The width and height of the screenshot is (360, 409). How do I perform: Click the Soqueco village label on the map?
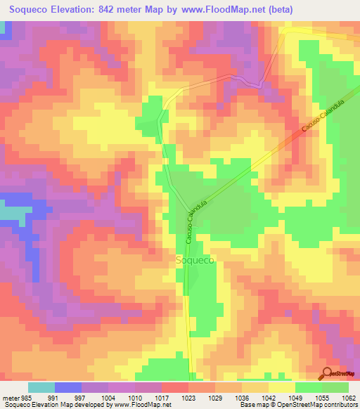194,259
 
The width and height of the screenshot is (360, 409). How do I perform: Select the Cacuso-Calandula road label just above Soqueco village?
195,224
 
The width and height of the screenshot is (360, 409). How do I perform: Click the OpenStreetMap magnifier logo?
328,374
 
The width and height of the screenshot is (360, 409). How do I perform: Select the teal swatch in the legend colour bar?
41,387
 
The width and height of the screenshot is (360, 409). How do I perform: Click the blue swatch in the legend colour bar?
68,387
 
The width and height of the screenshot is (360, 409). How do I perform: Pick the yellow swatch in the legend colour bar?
281,387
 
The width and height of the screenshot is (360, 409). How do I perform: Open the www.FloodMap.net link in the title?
230,10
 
